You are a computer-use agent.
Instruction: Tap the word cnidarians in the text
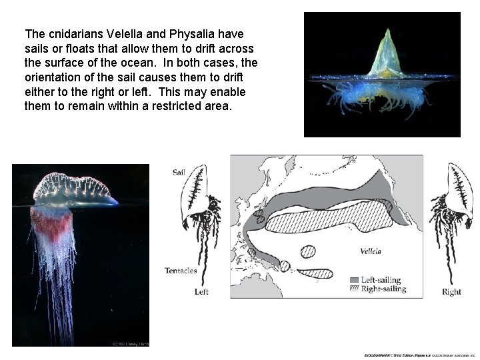75,34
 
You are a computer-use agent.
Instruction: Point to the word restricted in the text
167,106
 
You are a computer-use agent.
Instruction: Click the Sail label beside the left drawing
179,172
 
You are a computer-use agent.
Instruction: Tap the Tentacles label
181,270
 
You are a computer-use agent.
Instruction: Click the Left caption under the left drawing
201,291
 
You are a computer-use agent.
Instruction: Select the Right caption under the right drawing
451,292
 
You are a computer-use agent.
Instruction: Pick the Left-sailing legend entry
381,280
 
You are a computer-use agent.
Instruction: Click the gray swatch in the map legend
354,280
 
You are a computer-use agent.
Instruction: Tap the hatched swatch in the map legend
354,289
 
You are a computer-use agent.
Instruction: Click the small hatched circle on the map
307,252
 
